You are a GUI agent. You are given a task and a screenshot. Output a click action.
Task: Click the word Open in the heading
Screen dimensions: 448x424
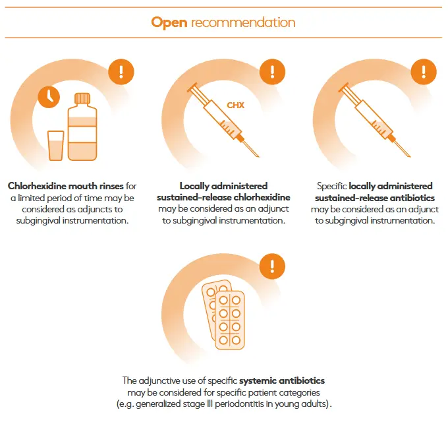(x=169, y=22)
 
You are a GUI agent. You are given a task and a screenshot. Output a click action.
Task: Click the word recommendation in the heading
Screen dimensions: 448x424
(x=243, y=22)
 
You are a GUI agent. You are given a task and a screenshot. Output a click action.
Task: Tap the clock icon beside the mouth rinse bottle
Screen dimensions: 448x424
(x=49, y=97)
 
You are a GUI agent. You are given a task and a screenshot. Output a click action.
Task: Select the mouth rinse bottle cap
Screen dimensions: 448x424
(x=82, y=98)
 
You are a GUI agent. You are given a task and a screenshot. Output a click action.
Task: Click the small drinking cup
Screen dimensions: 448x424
(x=56, y=146)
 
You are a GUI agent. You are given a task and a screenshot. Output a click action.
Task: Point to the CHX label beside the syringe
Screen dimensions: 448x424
(x=235, y=106)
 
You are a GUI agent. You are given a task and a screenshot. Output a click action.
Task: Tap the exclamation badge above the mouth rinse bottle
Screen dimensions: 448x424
(x=121, y=71)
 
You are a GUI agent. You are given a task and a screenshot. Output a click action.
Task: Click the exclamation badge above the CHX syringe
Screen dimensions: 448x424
(x=272, y=71)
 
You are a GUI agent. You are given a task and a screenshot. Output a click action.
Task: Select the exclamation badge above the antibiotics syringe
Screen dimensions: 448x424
(x=424, y=71)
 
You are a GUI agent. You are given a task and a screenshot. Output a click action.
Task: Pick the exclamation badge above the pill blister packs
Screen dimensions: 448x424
(x=272, y=266)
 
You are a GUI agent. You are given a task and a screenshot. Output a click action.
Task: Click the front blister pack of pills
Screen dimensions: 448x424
(x=230, y=320)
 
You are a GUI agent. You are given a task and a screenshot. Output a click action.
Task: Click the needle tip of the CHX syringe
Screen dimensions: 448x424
(x=258, y=157)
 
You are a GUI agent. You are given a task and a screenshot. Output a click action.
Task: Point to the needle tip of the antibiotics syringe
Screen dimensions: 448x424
(x=410, y=157)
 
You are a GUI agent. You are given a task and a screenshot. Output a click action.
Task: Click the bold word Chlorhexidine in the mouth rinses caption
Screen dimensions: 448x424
(x=38, y=186)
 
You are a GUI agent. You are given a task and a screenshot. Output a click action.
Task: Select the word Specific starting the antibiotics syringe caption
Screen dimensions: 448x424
(x=331, y=186)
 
